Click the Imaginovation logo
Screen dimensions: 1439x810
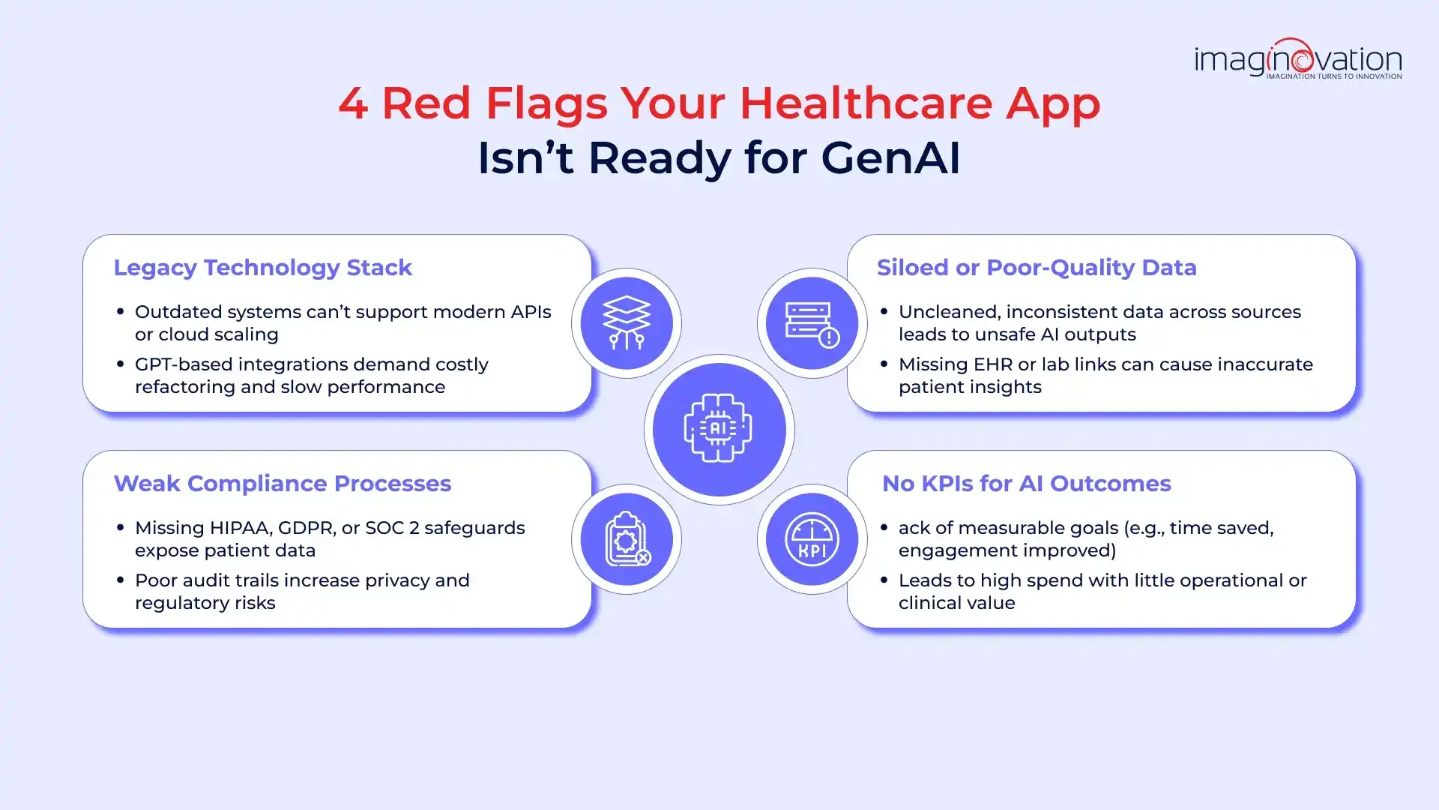pyautogui.click(x=1298, y=58)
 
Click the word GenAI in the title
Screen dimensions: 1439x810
pyautogui.click(x=890, y=158)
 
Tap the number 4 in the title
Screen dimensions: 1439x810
pyautogui.click(x=353, y=103)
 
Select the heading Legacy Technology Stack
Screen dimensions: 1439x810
pyautogui.click(x=262, y=268)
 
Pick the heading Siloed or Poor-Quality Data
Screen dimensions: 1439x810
pyautogui.click(x=1037, y=268)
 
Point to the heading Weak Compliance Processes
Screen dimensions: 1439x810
pyautogui.click(x=283, y=484)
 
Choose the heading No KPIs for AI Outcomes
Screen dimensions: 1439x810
pyautogui.click(x=1026, y=484)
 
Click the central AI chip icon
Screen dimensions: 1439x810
pyautogui.click(x=719, y=429)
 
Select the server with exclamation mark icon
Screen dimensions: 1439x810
pyautogui.click(x=812, y=324)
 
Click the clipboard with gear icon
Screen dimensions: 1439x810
pyautogui.click(x=627, y=539)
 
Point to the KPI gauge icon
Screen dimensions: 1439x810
pyautogui.click(x=812, y=539)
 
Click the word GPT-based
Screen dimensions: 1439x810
pyautogui.click(x=184, y=364)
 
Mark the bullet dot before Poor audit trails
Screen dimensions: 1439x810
pyautogui.click(x=120, y=580)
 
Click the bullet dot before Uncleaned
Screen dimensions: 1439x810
pyautogui.click(x=884, y=311)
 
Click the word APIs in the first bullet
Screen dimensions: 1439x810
pyautogui.click(x=531, y=312)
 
